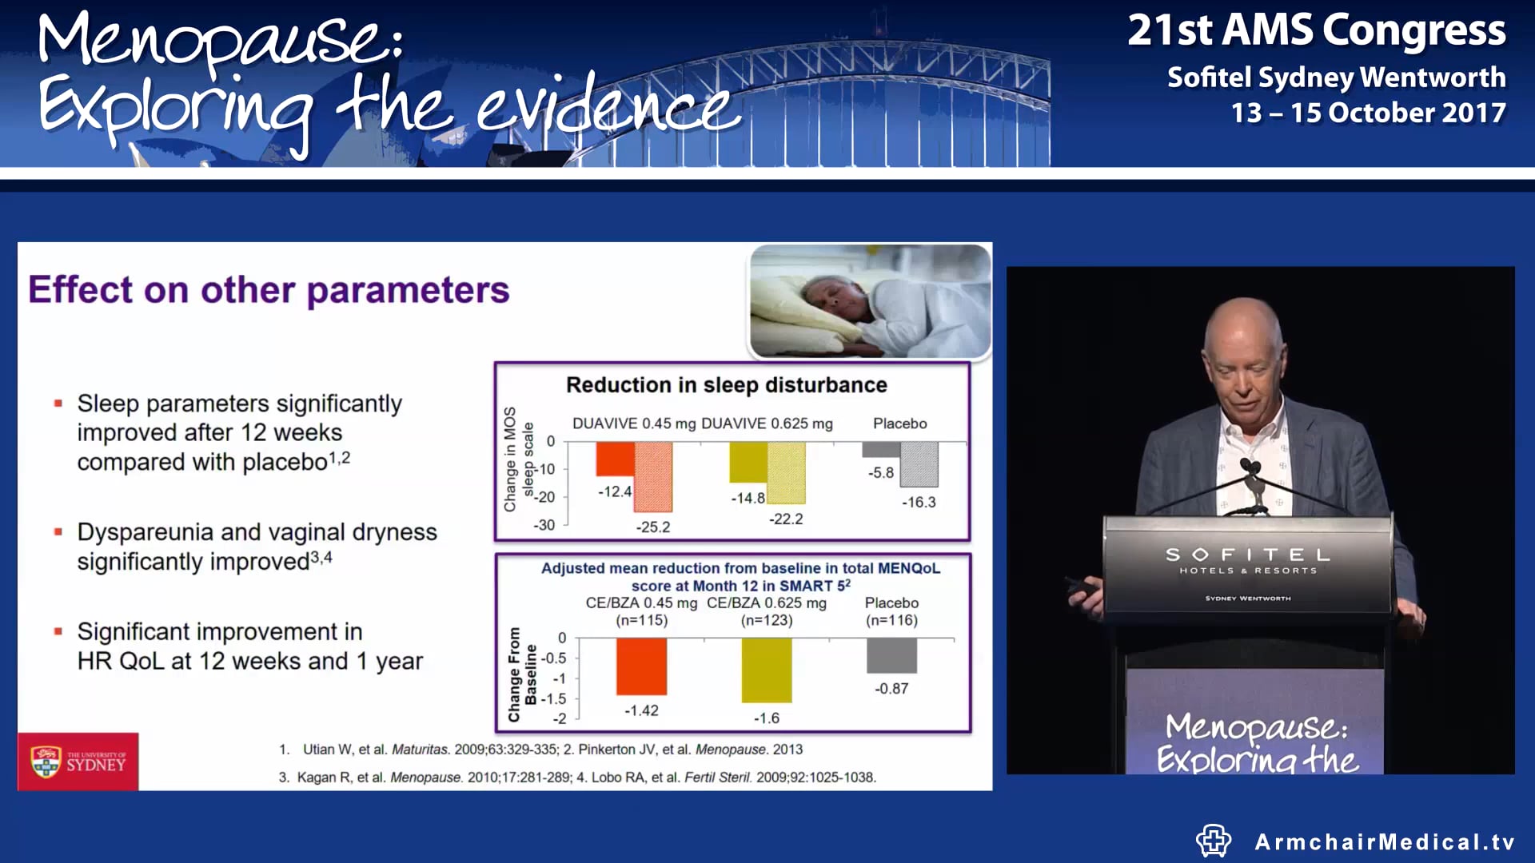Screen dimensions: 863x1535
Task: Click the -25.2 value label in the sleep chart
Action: tap(652, 527)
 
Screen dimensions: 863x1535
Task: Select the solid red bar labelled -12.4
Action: tap(615, 459)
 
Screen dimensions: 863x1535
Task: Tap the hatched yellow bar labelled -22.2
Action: tap(786, 473)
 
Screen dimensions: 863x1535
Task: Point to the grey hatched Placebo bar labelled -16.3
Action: tap(919, 464)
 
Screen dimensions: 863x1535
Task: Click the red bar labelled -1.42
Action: tap(641, 666)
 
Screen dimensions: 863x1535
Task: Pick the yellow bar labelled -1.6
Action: tap(766, 670)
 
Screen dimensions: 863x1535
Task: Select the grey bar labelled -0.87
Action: tap(891, 656)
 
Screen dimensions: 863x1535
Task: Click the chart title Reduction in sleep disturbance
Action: tap(726, 385)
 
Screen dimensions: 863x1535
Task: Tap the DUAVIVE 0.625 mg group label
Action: tap(767, 424)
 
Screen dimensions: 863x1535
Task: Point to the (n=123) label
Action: tap(766, 620)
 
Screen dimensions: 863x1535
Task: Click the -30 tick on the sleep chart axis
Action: tap(544, 525)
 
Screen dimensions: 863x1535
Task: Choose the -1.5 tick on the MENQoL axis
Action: tap(553, 699)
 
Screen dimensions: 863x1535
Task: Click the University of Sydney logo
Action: tap(78, 762)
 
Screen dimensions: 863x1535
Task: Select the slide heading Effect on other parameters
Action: tap(269, 290)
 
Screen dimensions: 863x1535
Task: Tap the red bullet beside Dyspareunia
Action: tap(58, 532)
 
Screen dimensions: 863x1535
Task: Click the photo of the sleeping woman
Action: tap(870, 301)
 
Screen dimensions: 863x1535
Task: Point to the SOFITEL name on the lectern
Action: tap(1247, 555)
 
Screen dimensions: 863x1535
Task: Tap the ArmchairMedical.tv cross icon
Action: tap(1213, 841)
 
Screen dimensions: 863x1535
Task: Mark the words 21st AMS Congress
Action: tap(1316, 30)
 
